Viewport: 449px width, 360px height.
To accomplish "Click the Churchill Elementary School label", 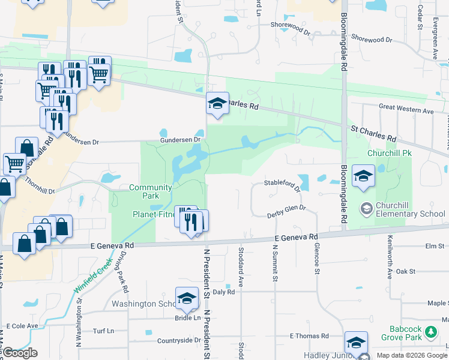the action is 411,209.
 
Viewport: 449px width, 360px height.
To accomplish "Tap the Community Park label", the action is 151,191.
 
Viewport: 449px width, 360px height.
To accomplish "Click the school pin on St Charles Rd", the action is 217,104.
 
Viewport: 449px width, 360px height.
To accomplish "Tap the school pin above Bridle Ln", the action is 187,298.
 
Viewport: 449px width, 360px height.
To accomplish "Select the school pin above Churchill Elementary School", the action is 363,176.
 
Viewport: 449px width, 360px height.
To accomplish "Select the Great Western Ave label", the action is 406,110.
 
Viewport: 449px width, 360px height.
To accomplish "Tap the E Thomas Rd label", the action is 309,336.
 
